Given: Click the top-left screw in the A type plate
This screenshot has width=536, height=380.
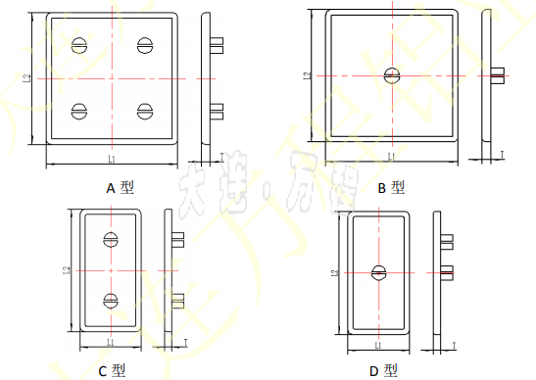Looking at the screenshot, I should (78, 45).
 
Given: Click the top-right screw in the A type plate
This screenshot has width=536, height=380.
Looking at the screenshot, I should (146, 44).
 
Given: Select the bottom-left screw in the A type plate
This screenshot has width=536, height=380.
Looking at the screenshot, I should (78, 111).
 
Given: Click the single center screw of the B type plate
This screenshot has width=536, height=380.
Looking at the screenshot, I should (392, 73).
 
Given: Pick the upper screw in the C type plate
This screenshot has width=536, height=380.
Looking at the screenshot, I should (111, 238).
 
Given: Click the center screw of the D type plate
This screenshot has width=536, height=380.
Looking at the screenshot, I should (378, 273).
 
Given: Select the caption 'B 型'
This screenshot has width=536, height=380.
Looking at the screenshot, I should (389, 186).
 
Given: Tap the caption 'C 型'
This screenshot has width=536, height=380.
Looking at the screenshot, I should (112, 370).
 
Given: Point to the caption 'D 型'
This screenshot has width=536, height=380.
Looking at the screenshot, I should (383, 370).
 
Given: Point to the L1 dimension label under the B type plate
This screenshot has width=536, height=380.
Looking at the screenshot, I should (391, 156).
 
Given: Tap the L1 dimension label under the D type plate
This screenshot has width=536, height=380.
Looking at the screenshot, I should (378, 344).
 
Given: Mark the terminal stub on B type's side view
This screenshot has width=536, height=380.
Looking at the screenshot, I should (498, 73).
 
